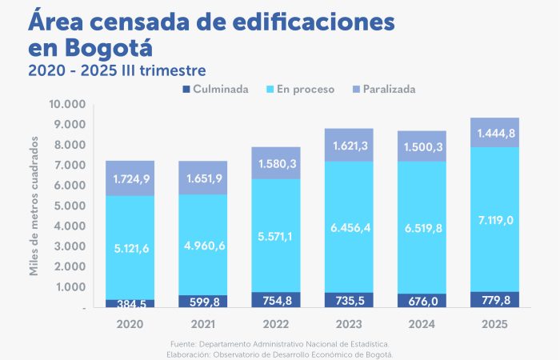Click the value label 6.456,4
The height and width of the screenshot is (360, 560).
coord(349,229)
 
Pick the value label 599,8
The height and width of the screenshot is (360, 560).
coord(202,301)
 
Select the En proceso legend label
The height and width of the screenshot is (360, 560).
coord(306,89)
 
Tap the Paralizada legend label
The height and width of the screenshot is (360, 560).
coord(389,89)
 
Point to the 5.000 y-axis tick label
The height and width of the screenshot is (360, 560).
coord(69,206)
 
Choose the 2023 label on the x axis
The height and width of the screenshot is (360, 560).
coord(349,324)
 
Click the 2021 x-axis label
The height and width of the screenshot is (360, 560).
coord(202,324)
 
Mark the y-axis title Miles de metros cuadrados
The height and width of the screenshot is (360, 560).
coord(34,206)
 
